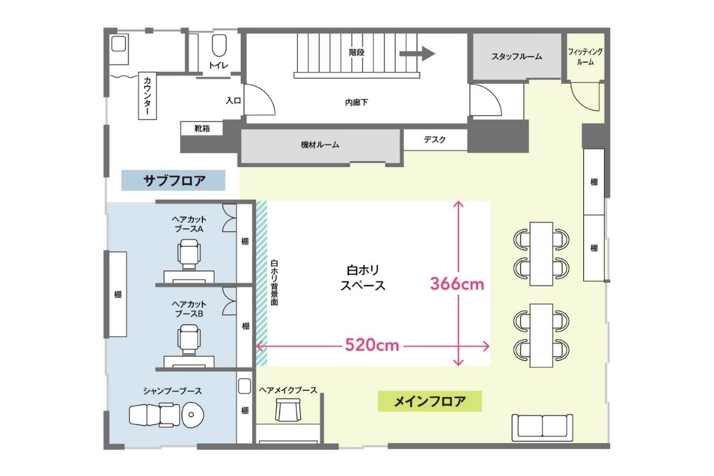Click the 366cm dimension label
point(457,284)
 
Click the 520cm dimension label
point(372,346)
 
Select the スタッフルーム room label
point(516,57)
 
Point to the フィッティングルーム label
point(585,57)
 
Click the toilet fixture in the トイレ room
point(219,46)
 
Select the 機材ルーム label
point(320,145)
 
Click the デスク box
point(435,140)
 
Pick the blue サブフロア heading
point(173,180)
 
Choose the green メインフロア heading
point(430,402)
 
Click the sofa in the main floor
point(543,427)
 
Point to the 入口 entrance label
point(233,101)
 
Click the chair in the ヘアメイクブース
point(288,409)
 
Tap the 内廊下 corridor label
point(356,102)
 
